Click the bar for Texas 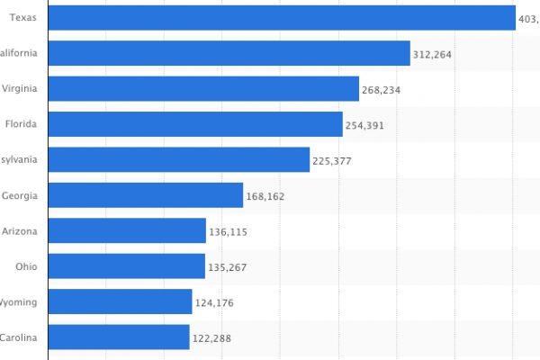click(281, 18)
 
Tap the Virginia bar click(203, 89)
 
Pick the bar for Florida click(194, 124)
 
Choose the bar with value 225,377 click(178, 160)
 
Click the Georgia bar click(145, 195)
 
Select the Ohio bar click(126, 266)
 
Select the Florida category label click(20, 124)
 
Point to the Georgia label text click(20, 195)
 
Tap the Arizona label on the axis click(20, 231)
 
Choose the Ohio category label click(26, 266)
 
